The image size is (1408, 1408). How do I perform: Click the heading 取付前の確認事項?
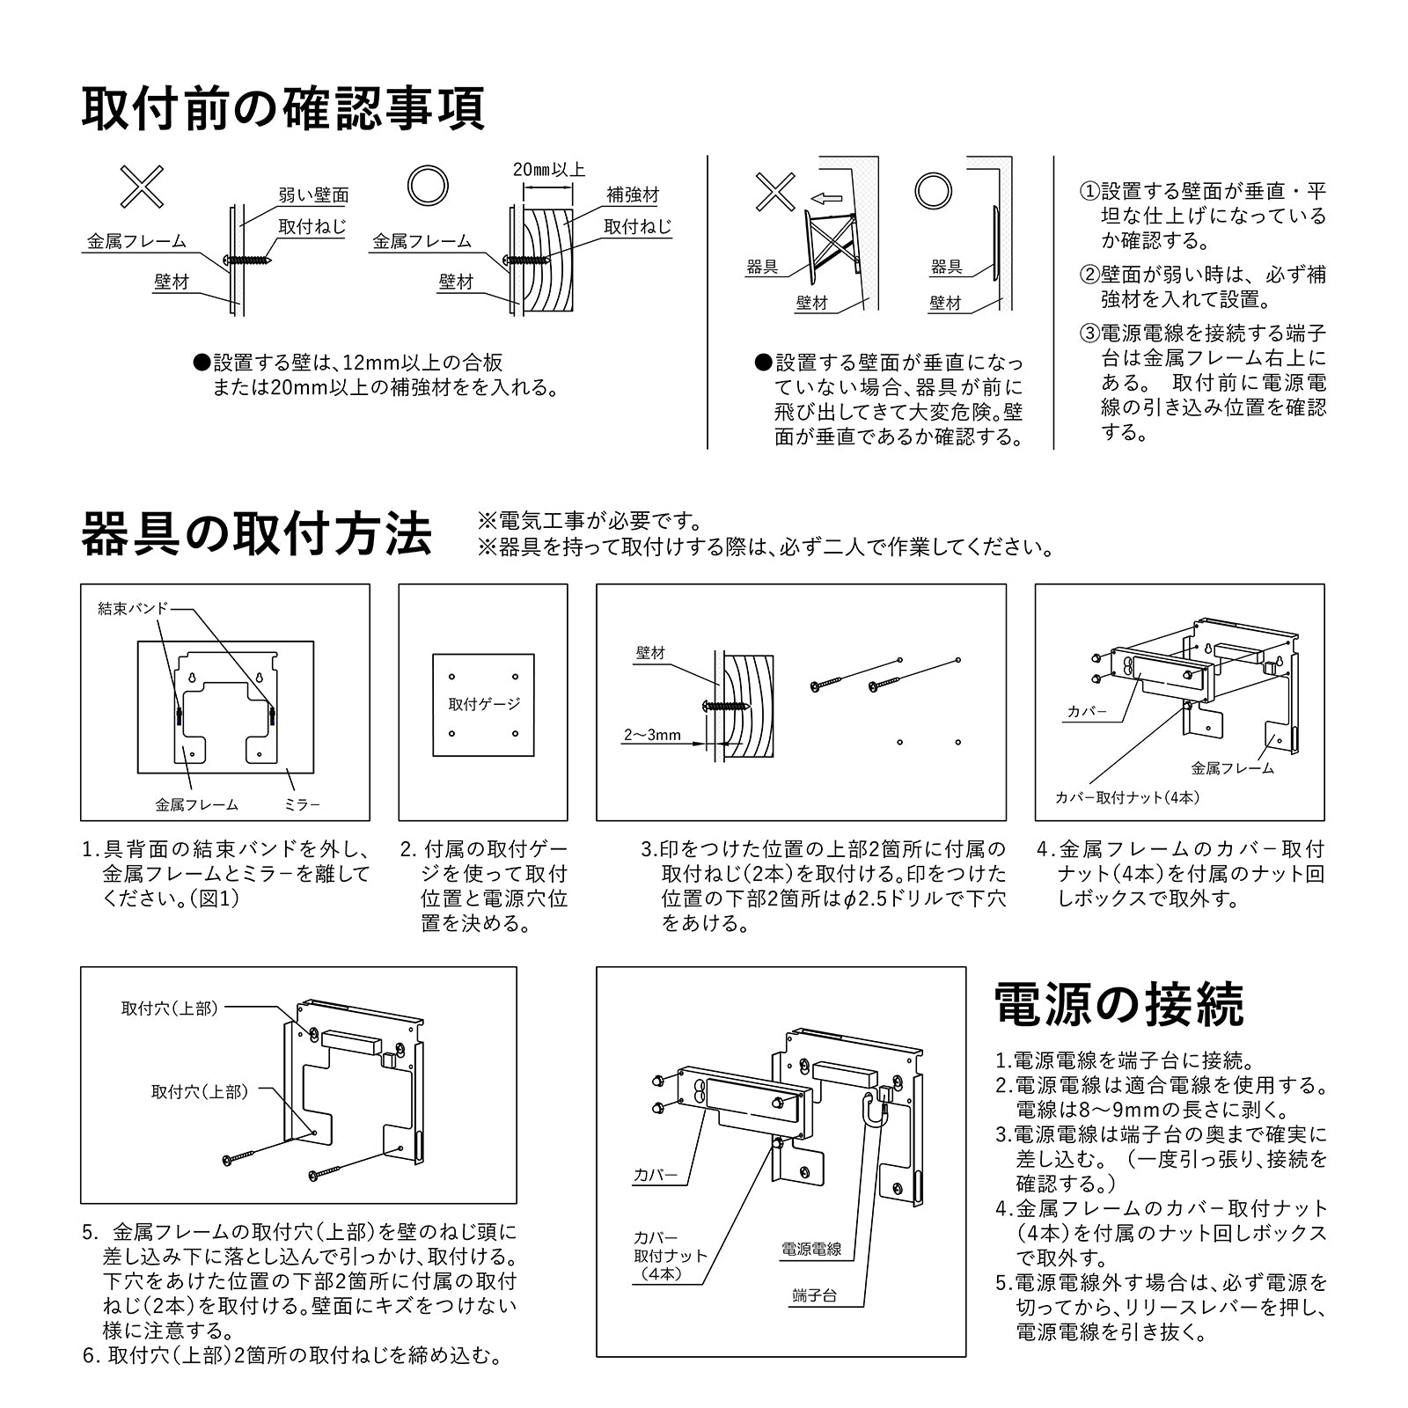pyautogui.click(x=282, y=108)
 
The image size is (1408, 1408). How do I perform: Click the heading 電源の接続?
pyautogui.click(x=1118, y=1004)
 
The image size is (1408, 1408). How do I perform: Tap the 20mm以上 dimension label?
pyautogui.click(x=549, y=170)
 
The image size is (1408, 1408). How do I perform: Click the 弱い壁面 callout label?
pyautogui.click(x=313, y=195)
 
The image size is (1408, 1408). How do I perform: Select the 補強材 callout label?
pyautogui.click(x=632, y=194)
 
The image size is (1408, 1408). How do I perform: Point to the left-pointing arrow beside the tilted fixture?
pyautogui.click(x=826, y=198)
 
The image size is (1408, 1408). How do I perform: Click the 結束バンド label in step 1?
pyautogui.click(x=132, y=608)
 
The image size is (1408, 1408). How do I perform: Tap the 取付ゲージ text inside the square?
pyautogui.click(x=484, y=704)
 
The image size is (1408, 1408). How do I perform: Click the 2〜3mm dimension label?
pyautogui.click(x=652, y=735)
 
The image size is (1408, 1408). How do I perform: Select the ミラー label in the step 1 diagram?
pyautogui.click(x=302, y=804)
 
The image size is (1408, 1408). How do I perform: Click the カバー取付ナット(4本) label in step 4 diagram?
pyautogui.click(x=1126, y=797)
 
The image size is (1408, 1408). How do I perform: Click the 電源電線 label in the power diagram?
pyautogui.click(x=811, y=1249)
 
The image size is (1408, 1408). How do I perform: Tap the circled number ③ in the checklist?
pyautogui.click(x=1089, y=334)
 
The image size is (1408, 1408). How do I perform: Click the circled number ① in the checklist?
pyautogui.click(x=1089, y=192)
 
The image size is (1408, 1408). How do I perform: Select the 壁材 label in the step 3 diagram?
pyautogui.click(x=650, y=653)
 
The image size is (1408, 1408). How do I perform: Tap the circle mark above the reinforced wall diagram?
pyautogui.click(x=428, y=185)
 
